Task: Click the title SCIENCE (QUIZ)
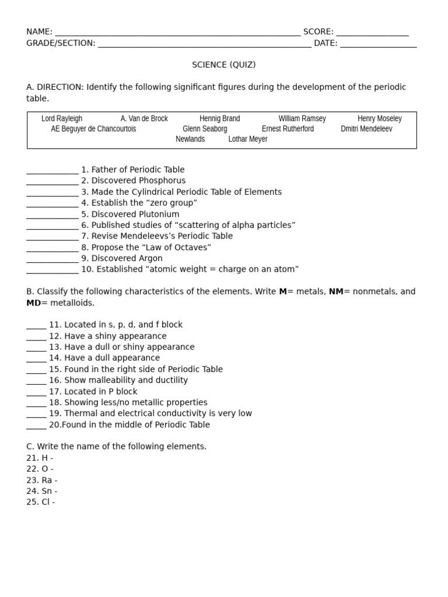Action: pos(224,65)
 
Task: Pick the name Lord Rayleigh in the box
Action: pos(62,118)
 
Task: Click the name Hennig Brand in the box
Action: pos(219,118)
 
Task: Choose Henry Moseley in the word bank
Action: pos(379,118)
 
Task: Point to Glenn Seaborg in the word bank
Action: pos(205,129)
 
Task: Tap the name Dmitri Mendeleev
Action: pos(366,129)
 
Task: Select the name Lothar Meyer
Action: pos(248,139)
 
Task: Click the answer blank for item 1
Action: pos(52,171)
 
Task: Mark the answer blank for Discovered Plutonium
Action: pos(52,215)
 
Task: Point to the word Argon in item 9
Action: pos(150,258)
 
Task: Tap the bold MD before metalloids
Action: pos(33,303)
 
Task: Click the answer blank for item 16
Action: pos(36,381)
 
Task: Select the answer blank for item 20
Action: pos(36,426)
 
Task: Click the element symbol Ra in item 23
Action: pos(46,480)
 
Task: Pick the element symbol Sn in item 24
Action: pos(46,491)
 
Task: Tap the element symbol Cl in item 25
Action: pos(45,502)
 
